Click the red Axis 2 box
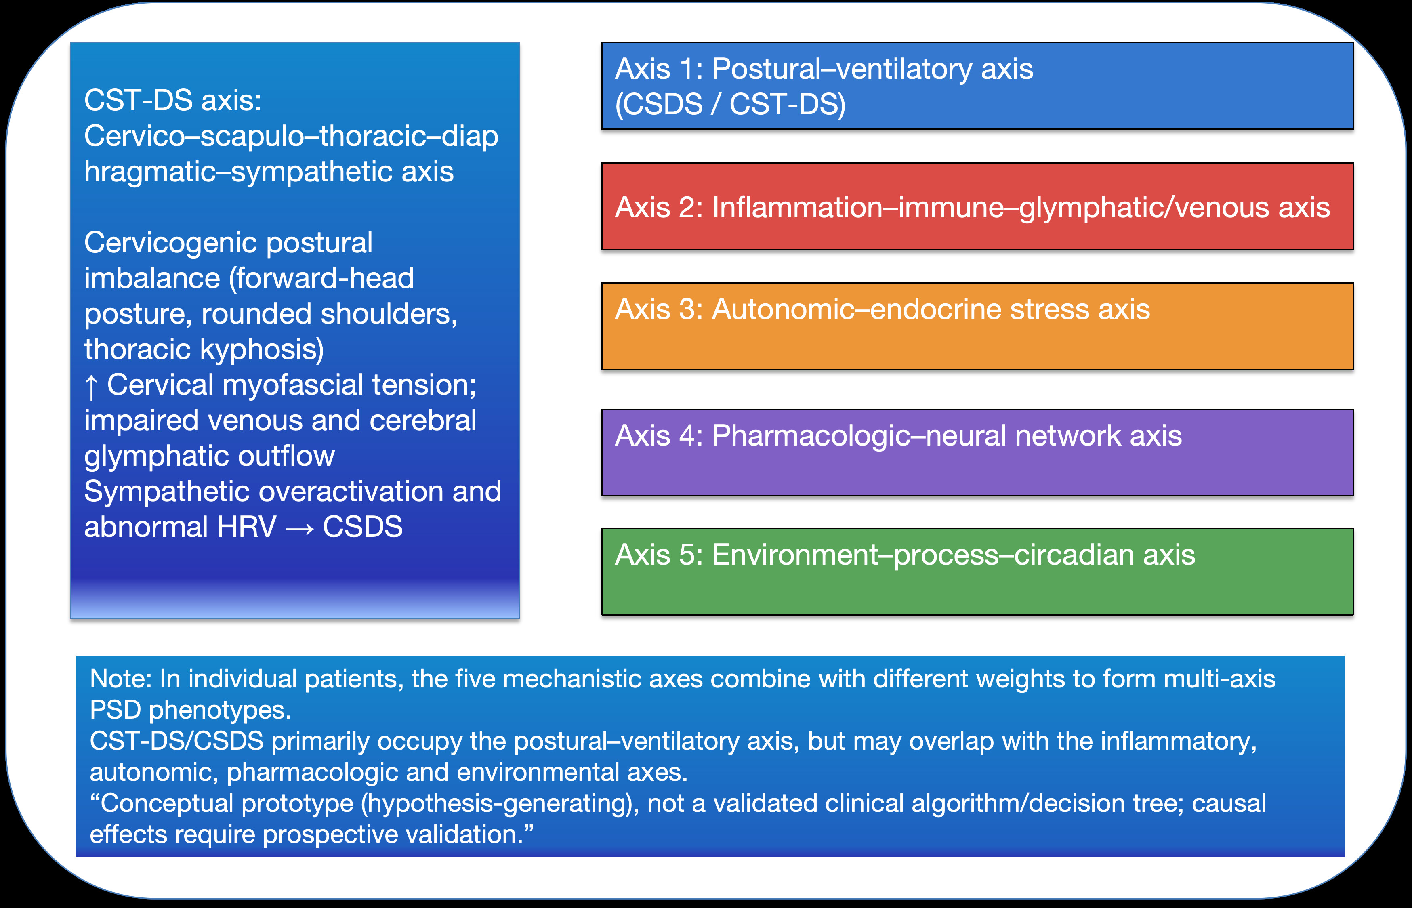click(x=977, y=206)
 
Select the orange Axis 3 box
click(x=977, y=326)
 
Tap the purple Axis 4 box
click(x=977, y=452)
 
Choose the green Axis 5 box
click(x=977, y=571)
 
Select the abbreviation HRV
click(x=246, y=527)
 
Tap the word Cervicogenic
click(x=170, y=242)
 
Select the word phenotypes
click(x=220, y=710)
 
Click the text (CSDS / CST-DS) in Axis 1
click(x=730, y=104)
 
